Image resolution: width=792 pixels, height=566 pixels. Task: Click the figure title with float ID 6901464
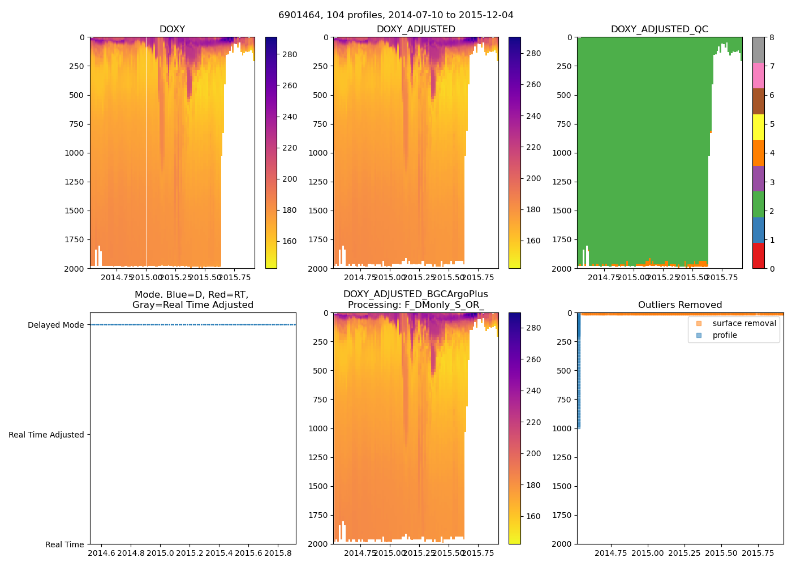(395, 15)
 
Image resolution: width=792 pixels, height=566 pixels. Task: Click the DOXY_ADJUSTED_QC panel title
(659, 29)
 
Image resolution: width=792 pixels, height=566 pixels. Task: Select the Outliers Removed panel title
(680, 305)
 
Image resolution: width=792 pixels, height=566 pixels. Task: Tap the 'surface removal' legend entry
(744, 323)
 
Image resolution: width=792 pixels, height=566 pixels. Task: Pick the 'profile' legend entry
(725, 335)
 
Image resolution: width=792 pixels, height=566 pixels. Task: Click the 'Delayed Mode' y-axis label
(55, 325)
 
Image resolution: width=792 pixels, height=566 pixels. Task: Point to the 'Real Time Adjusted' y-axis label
(46, 435)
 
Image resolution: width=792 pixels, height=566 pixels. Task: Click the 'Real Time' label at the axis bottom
(64, 544)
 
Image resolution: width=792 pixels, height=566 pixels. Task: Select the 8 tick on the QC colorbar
(772, 37)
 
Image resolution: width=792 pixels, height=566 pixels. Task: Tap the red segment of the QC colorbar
(758, 255)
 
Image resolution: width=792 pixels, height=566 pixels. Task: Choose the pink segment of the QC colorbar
(758, 75)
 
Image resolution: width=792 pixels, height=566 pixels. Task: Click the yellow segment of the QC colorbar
(758, 127)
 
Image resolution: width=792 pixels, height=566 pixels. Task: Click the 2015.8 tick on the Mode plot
(278, 553)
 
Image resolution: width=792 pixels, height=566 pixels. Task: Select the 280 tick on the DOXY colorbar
(289, 54)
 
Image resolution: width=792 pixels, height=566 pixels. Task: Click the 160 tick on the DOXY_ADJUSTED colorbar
(533, 241)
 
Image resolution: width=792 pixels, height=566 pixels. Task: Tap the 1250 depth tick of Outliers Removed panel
(561, 457)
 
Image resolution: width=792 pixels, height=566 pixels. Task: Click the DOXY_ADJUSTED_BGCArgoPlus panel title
(415, 299)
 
